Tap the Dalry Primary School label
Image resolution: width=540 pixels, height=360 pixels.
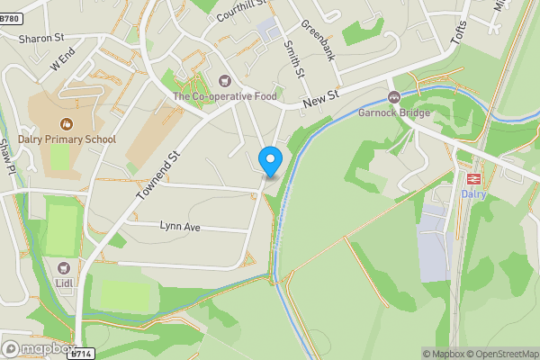tap(64, 139)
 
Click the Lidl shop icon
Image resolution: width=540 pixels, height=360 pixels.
tap(64, 267)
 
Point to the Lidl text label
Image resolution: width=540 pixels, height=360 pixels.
tap(64, 283)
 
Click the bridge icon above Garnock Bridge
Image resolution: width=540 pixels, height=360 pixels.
tap(393, 97)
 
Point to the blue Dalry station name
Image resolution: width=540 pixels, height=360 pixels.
tap(473, 193)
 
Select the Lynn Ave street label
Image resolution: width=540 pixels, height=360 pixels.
tap(180, 227)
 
